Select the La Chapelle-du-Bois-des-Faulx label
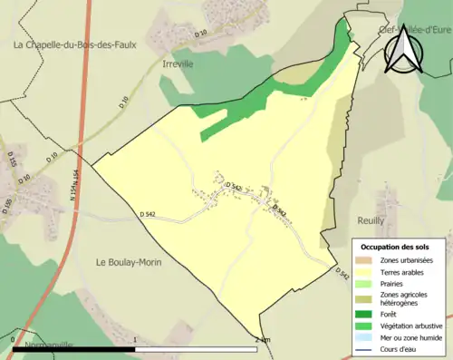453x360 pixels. point(74,44)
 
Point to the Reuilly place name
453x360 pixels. point(371,220)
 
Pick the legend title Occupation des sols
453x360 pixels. point(395,247)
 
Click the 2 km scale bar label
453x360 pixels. point(263,339)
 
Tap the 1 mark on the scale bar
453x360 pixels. point(135,339)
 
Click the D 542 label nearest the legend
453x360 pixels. point(342,273)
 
